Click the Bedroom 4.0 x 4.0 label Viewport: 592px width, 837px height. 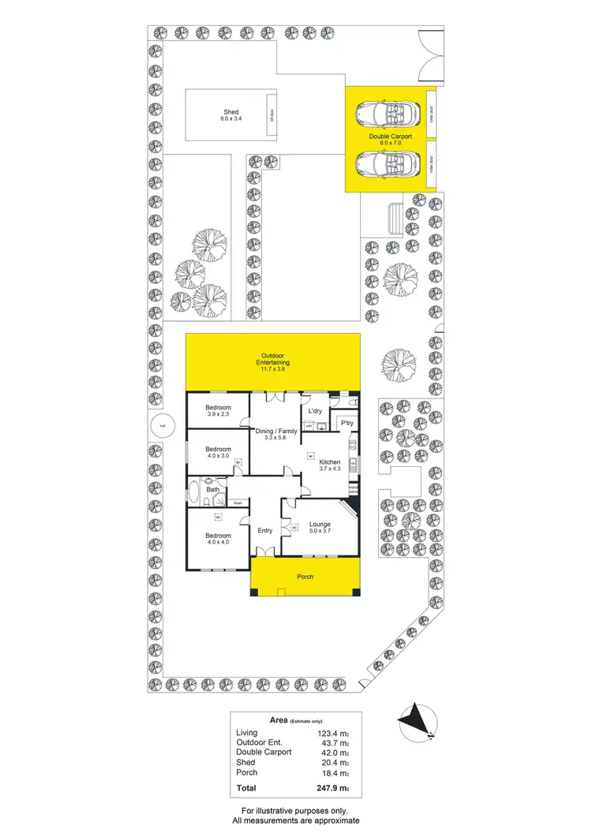(218, 540)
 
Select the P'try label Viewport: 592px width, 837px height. (346, 424)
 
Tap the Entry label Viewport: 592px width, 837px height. (264, 530)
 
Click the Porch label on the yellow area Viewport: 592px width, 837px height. (305, 577)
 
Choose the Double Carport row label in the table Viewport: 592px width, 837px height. (264, 752)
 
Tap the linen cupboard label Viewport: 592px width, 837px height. (237, 502)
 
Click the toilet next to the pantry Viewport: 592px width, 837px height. (354, 402)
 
